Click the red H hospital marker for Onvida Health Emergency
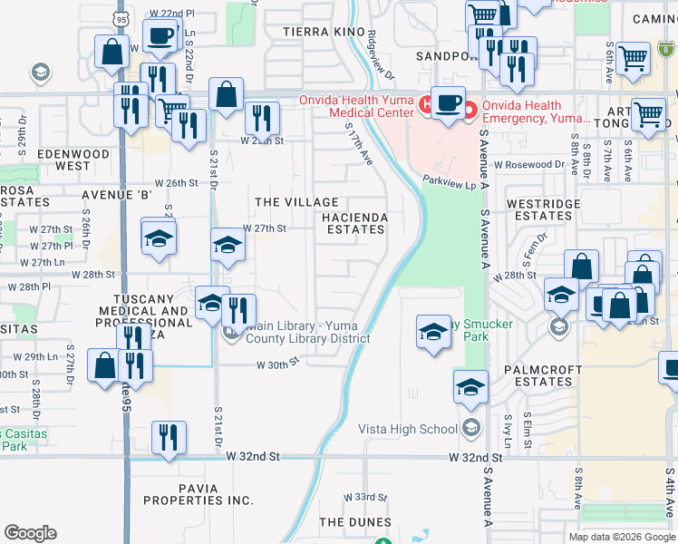470,111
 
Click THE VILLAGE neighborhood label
296,202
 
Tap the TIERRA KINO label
324,32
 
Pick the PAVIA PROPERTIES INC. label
197,494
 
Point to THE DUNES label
356,522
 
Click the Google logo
30,533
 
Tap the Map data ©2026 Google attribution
621,536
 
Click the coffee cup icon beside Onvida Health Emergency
447,102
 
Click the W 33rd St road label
364,498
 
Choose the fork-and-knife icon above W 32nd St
168,437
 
